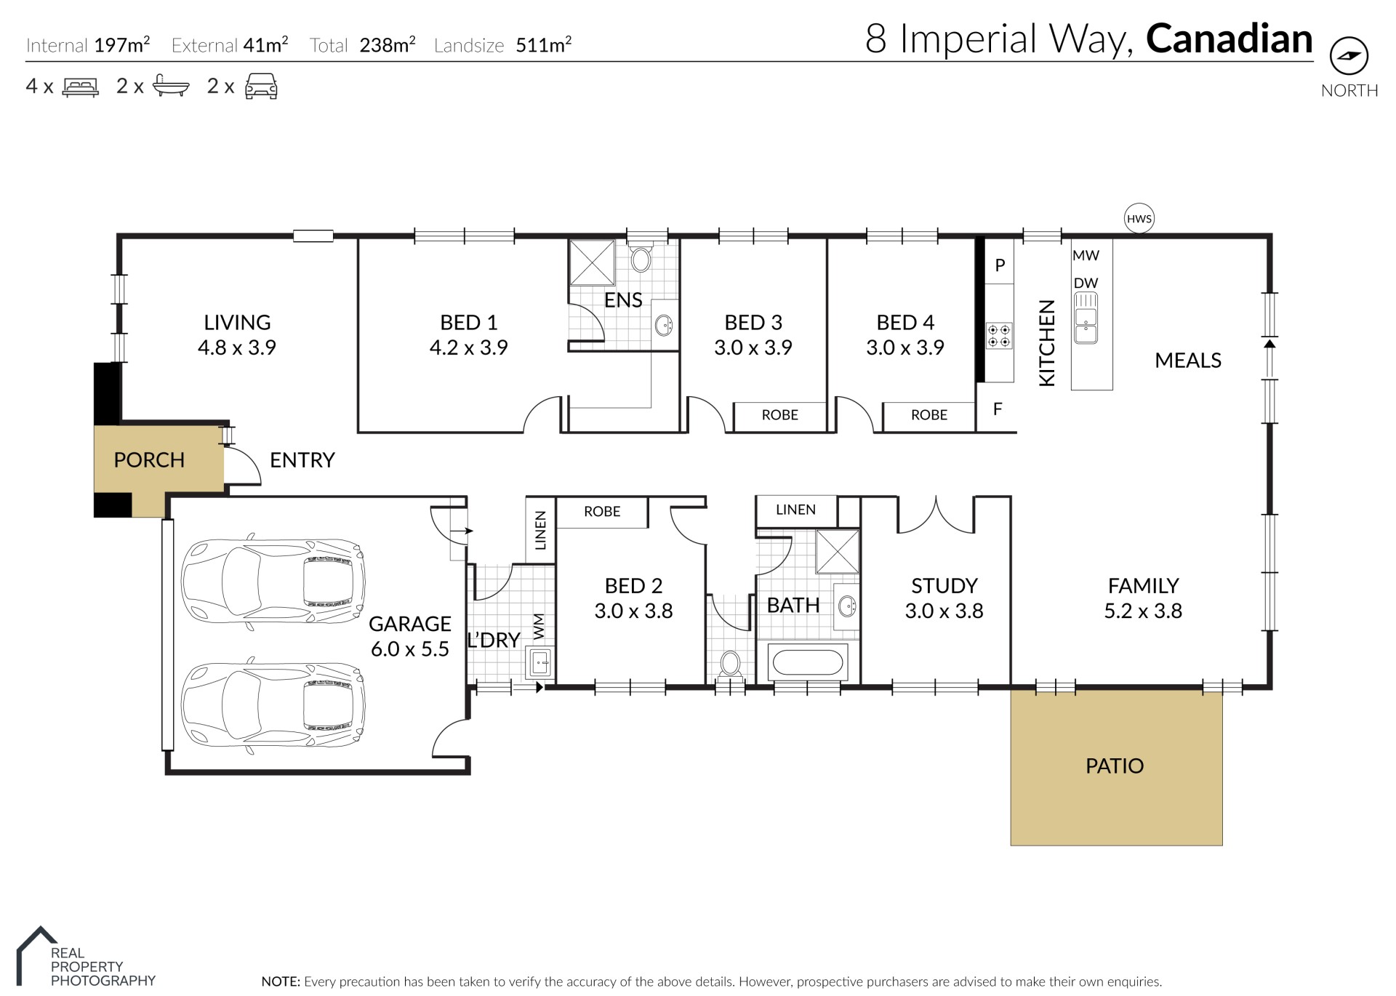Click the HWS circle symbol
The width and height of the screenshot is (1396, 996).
pyautogui.click(x=1139, y=218)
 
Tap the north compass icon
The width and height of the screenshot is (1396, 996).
pyautogui.click(x=1349, y=56)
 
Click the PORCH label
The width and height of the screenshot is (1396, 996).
pyautogui.click(x=149, y=460)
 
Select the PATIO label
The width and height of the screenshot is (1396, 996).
pyautogui.click(x=1115, y=766)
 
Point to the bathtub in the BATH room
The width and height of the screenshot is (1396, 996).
pyautogui.click(x=807, y=662)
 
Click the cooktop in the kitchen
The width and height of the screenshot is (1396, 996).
pyautogui.click(x=998, y=335)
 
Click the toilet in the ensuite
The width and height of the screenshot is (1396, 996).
pyautogui.click(x=641, y=258)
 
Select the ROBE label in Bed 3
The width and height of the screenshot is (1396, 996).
pyautogui.click(x=780, y=415)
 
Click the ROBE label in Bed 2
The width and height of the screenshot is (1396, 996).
pyautogui.click(x=602, y=512)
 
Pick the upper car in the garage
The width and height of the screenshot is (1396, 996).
pyautogui.click(x=273, y=582)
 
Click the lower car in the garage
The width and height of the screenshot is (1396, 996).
pyautogui.click(x=273, y=705)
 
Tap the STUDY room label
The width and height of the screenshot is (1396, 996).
pyautogui.click(x=944, y=586)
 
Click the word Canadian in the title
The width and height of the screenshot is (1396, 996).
pyautogui.click(x=1229, y=39)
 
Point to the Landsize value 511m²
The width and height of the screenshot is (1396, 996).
pyautogui.click(x=543, y=45)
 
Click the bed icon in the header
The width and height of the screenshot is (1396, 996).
pyautogui.click(x=81, y=87)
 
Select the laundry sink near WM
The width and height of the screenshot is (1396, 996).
pyautogui.click(x=539, y=663)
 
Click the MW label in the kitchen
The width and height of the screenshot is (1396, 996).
pyautogui.click(x=1086, y=256)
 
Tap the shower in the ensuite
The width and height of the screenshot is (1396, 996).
pyautogui.click(x=592, y=262)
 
